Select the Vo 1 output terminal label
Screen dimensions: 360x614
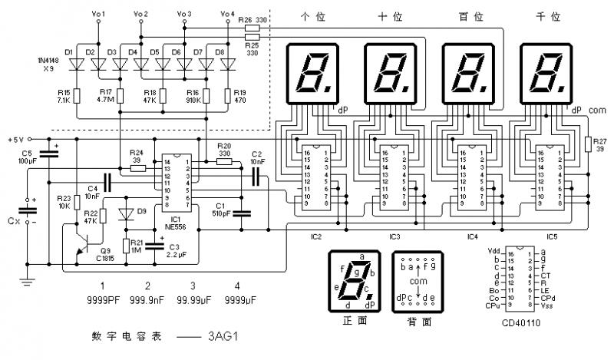[x=98, y=14]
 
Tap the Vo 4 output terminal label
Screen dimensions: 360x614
[x=228, y=14]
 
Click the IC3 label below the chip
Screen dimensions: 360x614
[x=395, y=236]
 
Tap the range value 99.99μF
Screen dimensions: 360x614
[x=193, y=299]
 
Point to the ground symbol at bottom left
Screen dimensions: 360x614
[x=27, y=282]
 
